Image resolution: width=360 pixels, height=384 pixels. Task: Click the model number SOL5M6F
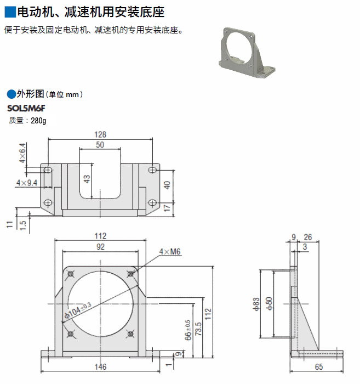26,108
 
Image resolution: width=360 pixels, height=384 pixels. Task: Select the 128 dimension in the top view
100,134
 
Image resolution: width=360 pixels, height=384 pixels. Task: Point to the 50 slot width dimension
100,145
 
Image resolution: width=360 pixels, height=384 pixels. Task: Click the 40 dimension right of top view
168,184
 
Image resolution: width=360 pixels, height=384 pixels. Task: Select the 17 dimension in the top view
168,207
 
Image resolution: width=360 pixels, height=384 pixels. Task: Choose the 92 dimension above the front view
100,247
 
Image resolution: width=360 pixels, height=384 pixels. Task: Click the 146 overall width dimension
100,367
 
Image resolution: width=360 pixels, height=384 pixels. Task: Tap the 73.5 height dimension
198,329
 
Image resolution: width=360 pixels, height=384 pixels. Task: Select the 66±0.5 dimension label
187,330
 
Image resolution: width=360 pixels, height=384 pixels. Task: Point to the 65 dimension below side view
318,367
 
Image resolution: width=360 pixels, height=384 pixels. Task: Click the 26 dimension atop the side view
308,237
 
